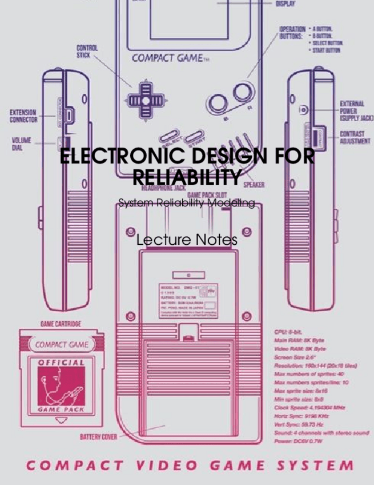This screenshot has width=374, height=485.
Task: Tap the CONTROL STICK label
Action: pos(87,52)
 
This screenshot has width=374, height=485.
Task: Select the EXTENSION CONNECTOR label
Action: pos(23,116)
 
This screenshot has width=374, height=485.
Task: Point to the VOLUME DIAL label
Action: pos(22,143)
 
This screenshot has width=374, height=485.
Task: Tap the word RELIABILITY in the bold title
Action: pos(186,176)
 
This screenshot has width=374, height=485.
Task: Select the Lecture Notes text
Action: pos(187,240)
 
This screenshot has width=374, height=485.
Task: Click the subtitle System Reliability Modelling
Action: pos(186,202)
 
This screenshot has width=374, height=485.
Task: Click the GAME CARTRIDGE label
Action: pos(60,324)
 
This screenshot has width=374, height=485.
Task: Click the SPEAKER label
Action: pos(254,185)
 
